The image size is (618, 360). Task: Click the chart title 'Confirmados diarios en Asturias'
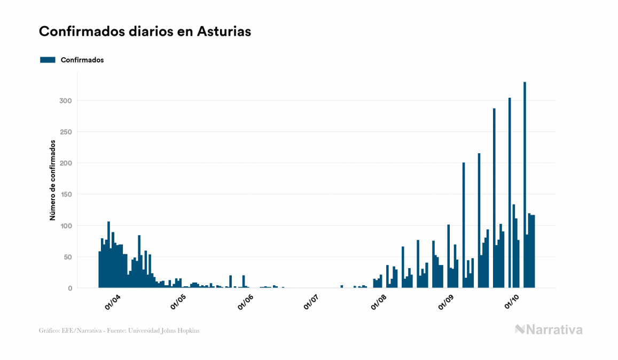point(145,32)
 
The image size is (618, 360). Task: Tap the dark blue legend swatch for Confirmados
point(48,60)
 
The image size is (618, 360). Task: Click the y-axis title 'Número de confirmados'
point(52,180)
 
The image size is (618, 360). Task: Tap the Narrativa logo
point(549,330)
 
